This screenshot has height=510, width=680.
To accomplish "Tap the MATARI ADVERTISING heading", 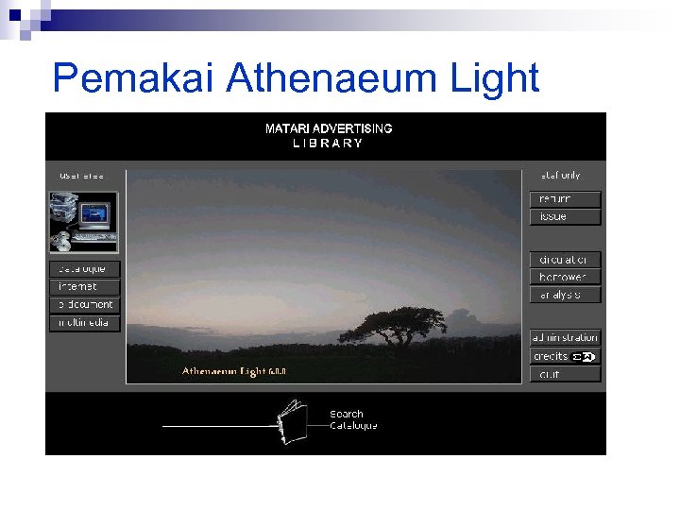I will (x=329, y=128).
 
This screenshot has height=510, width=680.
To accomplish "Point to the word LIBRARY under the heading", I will (x=328, y=144).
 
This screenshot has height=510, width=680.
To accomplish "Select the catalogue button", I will (x=84, y=269).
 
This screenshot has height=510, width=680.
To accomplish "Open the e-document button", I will (x=84, y=305).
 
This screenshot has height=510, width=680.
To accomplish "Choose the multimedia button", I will (x=84, y=323).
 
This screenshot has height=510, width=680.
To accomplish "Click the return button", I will (x=564, y=199).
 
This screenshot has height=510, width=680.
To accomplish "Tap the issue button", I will (x=564, y=217).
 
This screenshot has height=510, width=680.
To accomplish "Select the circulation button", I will (x=564, y=260).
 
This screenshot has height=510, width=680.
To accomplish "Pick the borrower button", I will (x=564, y=278).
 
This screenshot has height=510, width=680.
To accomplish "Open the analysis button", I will (x=564, y=296).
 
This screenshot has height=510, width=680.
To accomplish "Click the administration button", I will (x=564, y=338).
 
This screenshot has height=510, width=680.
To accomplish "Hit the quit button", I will (x=564, y=374).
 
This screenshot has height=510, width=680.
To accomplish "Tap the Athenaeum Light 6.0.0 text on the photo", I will (x=234, y=371).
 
